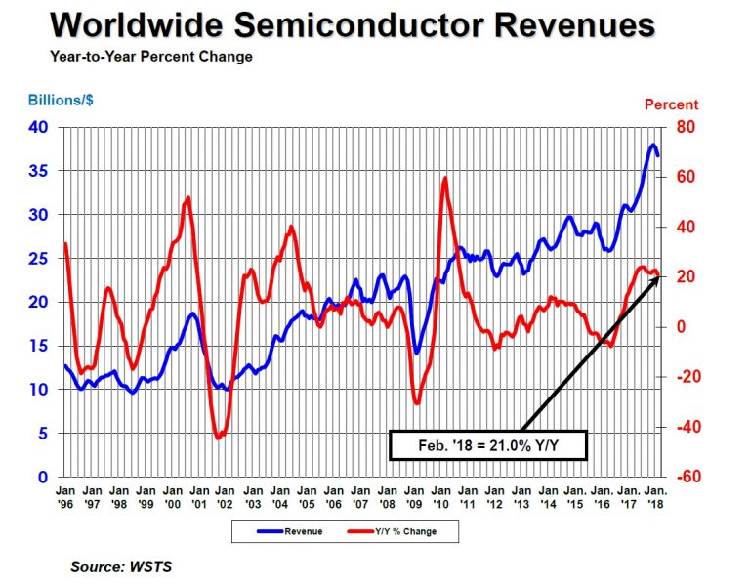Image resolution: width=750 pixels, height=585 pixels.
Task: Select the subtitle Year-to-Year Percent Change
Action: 151,57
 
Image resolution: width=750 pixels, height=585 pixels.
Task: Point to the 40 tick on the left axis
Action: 38,127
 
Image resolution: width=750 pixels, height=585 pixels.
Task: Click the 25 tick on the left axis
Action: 38,259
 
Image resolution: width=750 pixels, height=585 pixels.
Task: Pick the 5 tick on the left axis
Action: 44,434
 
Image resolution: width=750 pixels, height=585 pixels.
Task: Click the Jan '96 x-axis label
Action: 64,495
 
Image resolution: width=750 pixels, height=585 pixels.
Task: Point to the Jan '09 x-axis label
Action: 414,495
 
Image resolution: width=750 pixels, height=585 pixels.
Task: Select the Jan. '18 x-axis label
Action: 654,495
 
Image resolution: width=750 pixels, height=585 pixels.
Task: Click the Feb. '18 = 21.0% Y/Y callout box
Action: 487,445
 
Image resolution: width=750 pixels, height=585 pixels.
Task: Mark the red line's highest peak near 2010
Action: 445,178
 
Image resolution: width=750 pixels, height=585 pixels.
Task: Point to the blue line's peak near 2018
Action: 652,145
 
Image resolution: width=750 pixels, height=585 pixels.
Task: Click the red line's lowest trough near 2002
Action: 218,438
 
